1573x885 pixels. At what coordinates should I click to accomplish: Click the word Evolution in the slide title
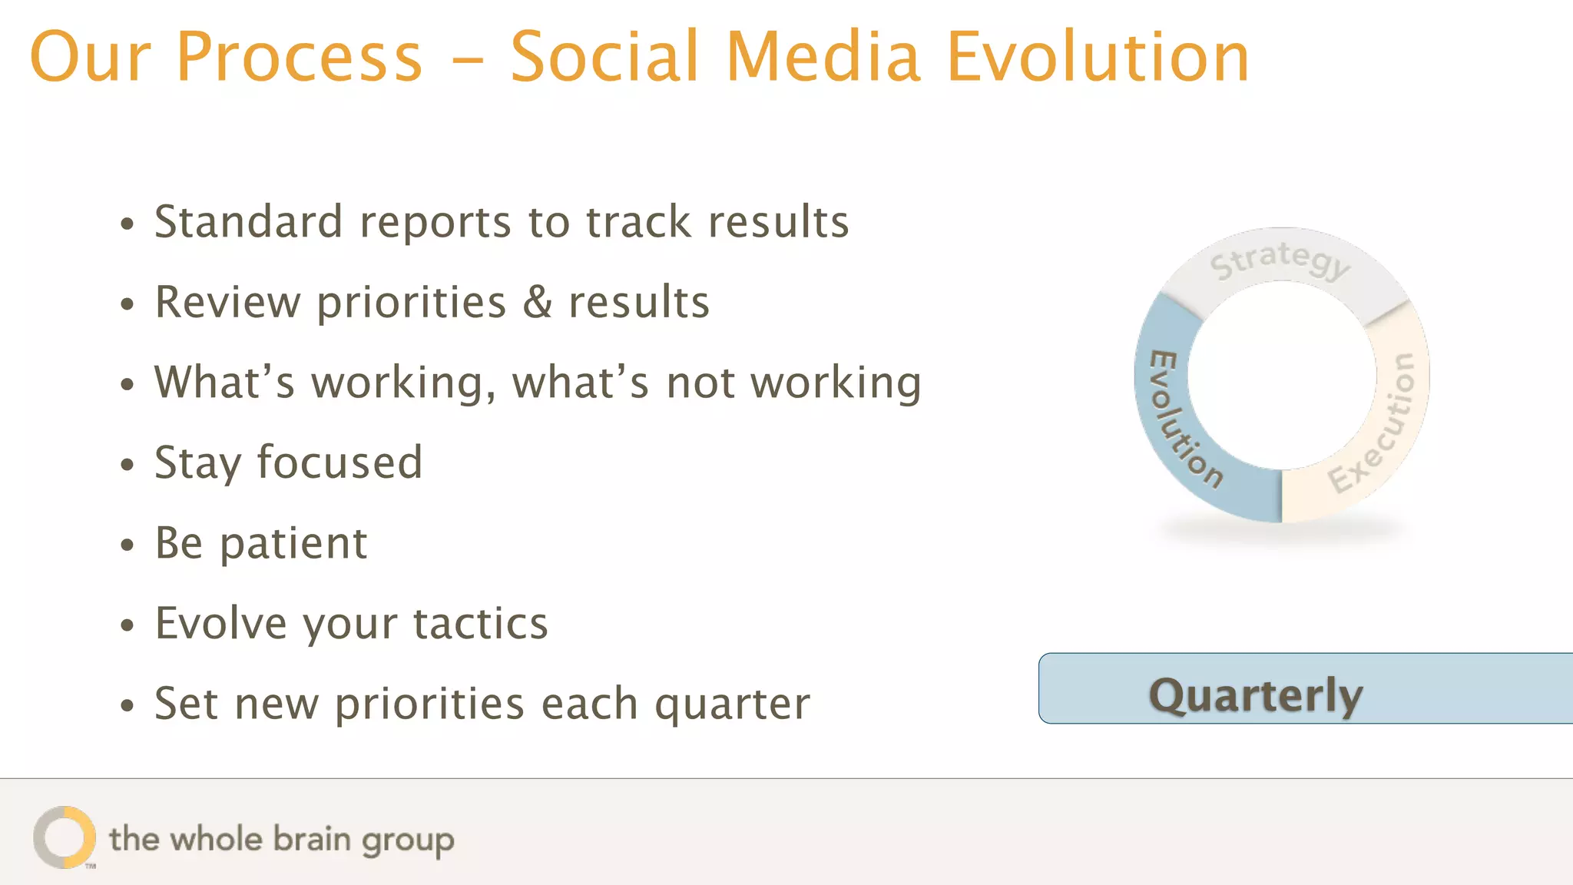tap(1098, 57)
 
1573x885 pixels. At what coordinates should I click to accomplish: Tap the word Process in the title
tap(300, 57)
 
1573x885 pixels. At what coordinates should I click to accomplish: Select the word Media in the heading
tap(823, 57)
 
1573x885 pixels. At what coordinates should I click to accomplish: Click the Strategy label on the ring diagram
tap(1280, 260)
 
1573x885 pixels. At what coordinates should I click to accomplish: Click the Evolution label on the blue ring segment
tap(1184, 419)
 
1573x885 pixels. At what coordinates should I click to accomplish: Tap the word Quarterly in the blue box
tap(1255, 696)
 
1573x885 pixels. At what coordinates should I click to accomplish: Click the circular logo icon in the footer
tap(65, 837)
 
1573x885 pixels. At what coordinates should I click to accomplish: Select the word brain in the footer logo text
tap(313, 839)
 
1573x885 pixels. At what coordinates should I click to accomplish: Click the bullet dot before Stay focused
tap(127, 465)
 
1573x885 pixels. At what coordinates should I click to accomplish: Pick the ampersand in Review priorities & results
tap(538, 302)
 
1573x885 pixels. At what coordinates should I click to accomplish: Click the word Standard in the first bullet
tap(248, 222)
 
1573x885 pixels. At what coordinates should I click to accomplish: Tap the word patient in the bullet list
tap(293, 544)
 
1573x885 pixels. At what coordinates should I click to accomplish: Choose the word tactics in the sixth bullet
tap(481, 623)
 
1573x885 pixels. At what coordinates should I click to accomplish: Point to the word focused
tap(339, 462)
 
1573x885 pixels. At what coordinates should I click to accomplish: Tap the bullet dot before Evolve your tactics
tap(127, 625)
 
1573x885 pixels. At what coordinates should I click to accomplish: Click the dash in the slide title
tap(467, 58)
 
